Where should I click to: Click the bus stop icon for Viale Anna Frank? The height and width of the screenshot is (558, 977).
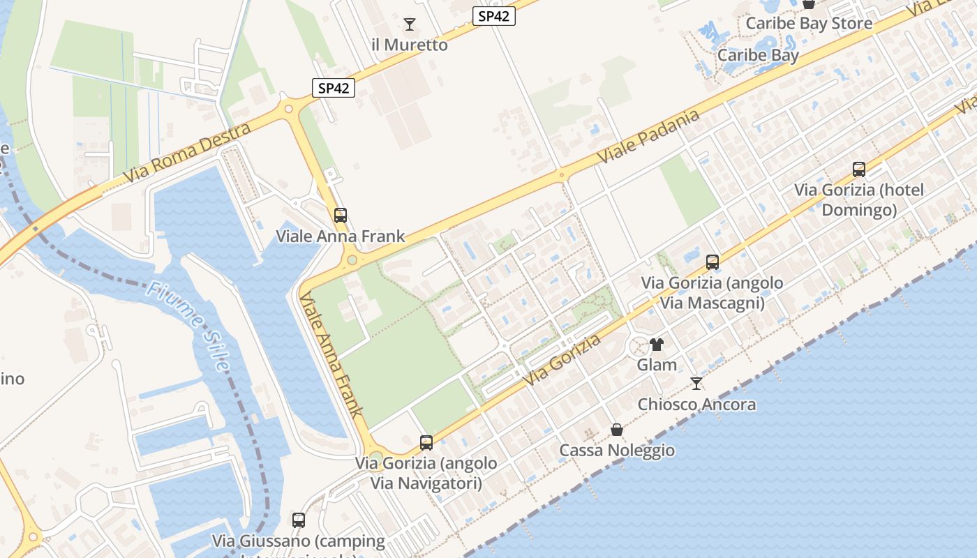[341, 216]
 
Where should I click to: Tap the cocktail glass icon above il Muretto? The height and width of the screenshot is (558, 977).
[410, 24]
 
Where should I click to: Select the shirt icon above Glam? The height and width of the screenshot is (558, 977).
[657, 344]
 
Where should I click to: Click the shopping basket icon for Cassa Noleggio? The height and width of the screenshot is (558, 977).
[616, 429]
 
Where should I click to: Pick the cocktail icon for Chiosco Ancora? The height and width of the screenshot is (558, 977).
[696, 383]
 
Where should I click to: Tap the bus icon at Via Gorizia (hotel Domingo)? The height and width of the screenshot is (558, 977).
[859, 169]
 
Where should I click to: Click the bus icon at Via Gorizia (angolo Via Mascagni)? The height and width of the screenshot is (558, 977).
[712, 262]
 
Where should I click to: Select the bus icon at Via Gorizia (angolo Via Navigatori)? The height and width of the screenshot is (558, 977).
[426, 442]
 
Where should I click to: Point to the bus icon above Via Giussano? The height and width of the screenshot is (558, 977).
[299, 520]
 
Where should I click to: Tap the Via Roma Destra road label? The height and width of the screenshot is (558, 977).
[186, 153]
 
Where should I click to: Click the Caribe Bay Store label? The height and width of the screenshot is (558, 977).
[809, 24]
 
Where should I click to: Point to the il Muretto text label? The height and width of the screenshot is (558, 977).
[410, 45]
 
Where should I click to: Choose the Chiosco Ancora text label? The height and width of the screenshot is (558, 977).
[696, 405]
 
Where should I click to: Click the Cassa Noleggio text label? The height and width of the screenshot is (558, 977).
[617, 450]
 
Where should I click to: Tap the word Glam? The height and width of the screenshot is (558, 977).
[657, 365]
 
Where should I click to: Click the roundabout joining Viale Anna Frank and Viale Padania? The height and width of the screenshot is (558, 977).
[352, 261]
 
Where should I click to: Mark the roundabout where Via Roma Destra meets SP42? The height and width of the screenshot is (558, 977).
[288, 108]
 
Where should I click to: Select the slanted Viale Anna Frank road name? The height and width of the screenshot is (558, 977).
[331, 355]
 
